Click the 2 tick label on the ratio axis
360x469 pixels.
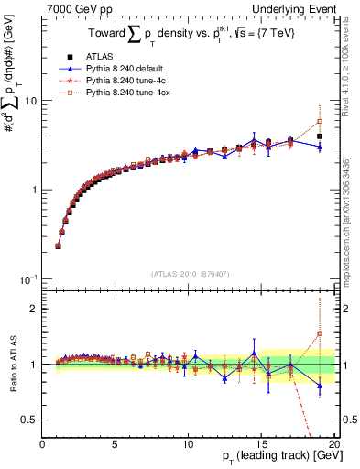point(33,309)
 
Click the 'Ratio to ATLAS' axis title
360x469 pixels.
point(12,365)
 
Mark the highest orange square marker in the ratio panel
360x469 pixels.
point(320,333)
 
